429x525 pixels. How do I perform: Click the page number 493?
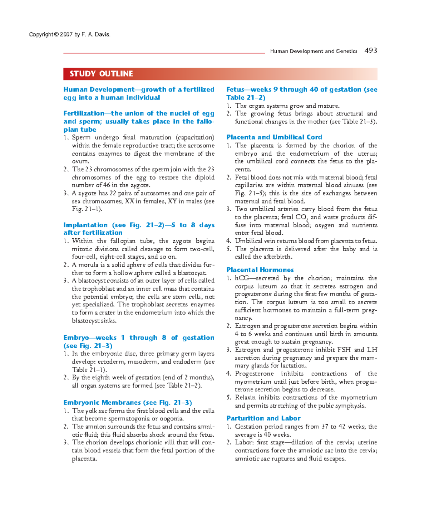click(371, 50)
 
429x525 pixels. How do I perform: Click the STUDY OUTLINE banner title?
click(101, 74)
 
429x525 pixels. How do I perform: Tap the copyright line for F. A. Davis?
click(70, 35)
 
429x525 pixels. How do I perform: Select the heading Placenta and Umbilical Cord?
click(274, 137)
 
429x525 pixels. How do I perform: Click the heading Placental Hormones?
click(260, 270)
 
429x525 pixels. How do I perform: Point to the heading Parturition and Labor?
click(263, 418)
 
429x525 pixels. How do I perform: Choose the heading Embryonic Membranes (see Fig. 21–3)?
click(128, 402)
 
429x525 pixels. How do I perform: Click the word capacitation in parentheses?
click(195, 137)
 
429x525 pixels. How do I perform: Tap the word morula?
click(88, 265)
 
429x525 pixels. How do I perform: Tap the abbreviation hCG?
click(242, 278)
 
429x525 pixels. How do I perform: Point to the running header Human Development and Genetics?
click(314, 51)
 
